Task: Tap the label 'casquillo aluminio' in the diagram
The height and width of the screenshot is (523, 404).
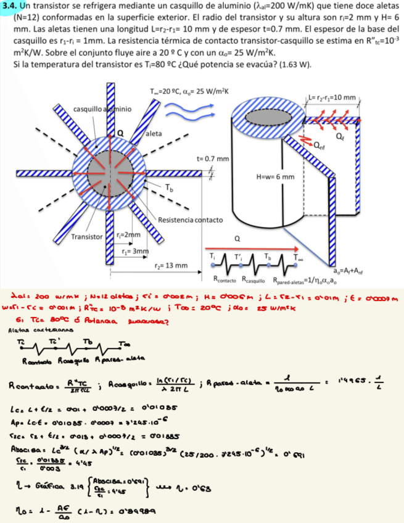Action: tap(102, 109)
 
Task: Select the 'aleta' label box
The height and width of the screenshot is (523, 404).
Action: tap(154, 134)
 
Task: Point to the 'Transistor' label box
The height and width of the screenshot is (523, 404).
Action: tap(88, 236)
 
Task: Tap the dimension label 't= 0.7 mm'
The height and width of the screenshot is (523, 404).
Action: tap(211, 159)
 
